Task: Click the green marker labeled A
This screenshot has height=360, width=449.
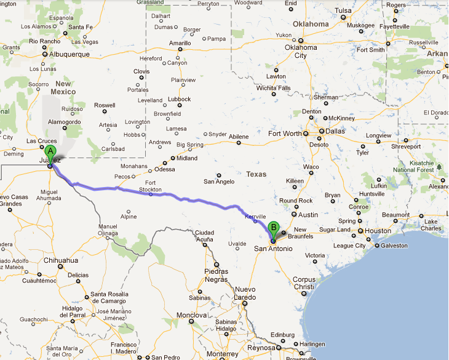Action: click(50, 151)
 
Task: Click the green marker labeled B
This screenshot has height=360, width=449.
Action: click(274, 227)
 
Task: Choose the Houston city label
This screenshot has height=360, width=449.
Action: click(378, 231)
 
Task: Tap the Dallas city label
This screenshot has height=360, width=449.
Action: click(335, 131)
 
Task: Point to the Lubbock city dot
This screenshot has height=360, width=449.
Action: click(180, 105)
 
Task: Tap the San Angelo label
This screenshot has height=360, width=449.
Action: click(218, 182)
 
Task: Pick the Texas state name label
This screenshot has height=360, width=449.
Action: click(256, 174)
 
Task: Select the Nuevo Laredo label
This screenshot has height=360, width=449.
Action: click(245, 293)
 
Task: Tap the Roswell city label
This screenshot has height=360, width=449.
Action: click(105, 105)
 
